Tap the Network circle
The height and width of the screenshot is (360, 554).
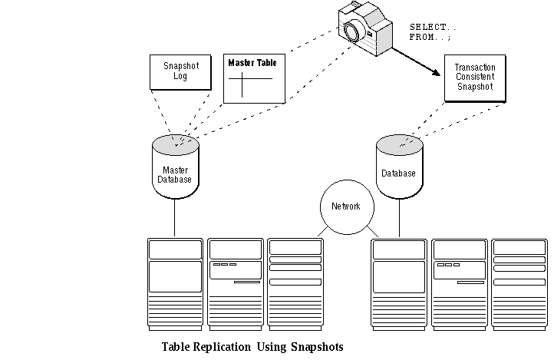(345, 206)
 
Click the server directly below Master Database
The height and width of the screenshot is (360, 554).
(174, 284)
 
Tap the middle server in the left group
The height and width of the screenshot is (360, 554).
(235, 284)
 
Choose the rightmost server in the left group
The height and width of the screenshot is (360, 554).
(295, 284)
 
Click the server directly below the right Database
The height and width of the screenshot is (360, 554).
(398, 284)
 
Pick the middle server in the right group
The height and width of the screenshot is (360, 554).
(459, 284)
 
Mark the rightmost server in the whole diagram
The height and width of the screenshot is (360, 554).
(519, 284)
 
